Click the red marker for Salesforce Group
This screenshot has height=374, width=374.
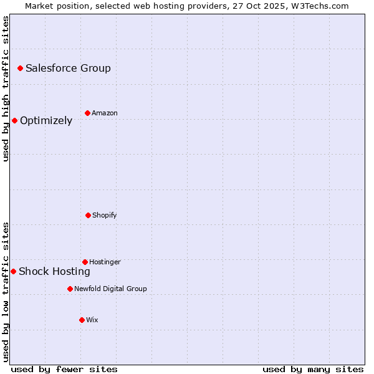point(20,68)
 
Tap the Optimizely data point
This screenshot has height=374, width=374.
point(14,120)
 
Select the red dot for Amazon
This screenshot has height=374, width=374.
point(87,113)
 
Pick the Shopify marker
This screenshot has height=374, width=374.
point(88,215)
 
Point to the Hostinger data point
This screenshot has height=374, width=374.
point(85,262)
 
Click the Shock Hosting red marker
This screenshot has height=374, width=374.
point(13,271)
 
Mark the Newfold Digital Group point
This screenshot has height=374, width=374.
point(70,289)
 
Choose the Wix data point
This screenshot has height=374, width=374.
point(82,320)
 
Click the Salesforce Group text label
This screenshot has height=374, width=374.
point(68,69)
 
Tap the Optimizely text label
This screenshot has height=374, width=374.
point(46,121)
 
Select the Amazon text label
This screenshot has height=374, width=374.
point(105,113)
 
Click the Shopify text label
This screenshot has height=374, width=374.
point(105,216)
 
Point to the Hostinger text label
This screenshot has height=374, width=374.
point(105,262)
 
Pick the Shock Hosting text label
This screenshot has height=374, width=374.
point(54,272)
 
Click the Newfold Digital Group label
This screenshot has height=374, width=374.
point(110,289)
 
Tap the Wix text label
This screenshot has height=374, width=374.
point(92,320)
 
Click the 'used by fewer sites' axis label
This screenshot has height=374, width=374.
point(64,369)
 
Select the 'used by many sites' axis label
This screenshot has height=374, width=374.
point(313,369)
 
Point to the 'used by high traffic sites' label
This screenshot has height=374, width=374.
point(6,89)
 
